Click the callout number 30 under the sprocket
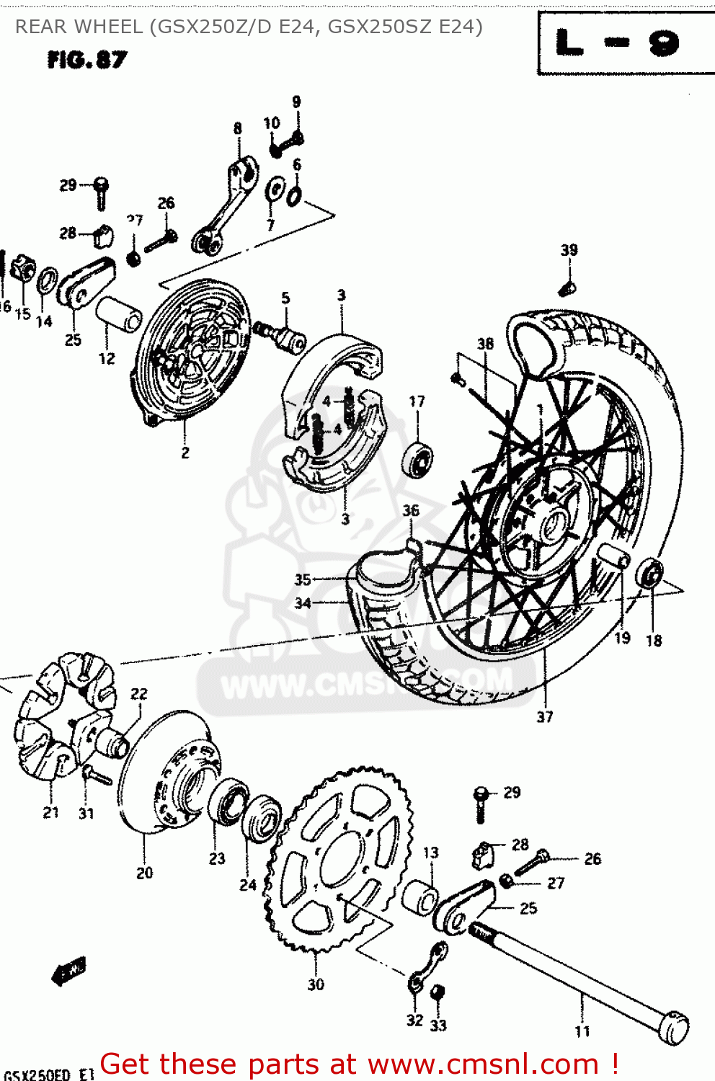316,984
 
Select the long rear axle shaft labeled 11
577,973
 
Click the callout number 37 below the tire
545,716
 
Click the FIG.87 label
86,60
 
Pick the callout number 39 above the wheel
569,250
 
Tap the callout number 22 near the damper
139,694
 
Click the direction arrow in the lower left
69,970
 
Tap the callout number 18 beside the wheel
654,640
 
